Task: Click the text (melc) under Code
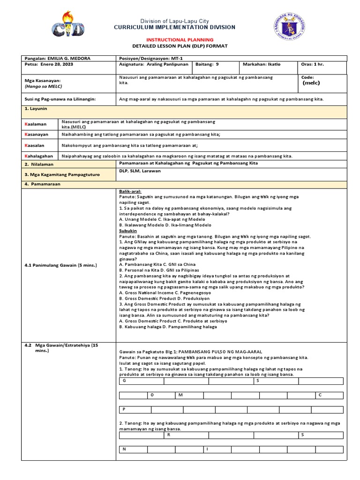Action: coord(312,83)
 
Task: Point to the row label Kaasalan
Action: coord(35,145)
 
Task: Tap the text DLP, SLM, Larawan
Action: coord(140,171)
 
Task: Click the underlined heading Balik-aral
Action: coord(130,192)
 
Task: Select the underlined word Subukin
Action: coord(128,231)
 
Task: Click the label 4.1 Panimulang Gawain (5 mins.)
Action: coord(60,265)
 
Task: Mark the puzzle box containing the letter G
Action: coord(141,381)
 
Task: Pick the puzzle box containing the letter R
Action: coord(186,435)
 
